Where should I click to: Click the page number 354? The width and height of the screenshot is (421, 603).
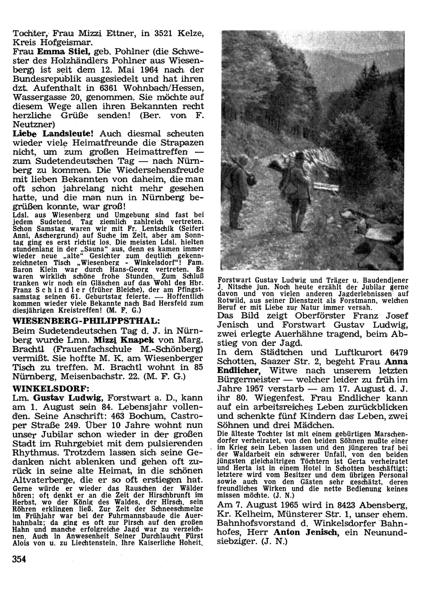(x=19, y=559)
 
